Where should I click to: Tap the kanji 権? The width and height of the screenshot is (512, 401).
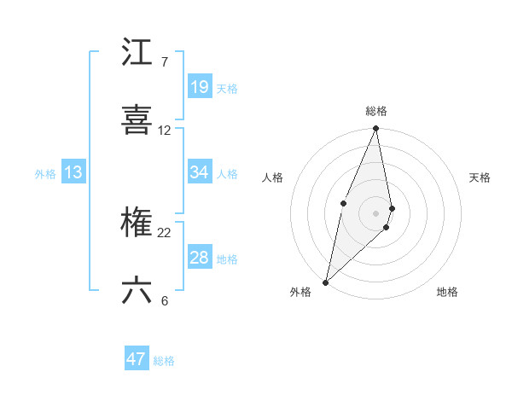pyautogui.click(x=137, y=224)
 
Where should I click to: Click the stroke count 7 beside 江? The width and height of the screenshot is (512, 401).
pyautogui.click(x=165, y=62)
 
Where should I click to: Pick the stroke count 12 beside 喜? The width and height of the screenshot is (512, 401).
pyautogui.click(x=165, y=131)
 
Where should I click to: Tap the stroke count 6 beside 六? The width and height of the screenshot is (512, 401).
pyautogui.click(x=165, y=300)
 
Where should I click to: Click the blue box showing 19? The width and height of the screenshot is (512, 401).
pyautogui.click(x=199, y=87)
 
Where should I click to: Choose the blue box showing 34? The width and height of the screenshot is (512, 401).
pyautogui.click(x=199, y=172)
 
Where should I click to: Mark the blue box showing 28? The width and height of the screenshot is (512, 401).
pyautogui.click(x=199, y=258)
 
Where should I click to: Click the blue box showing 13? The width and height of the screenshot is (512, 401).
pyautogui.click(x=73, y=172)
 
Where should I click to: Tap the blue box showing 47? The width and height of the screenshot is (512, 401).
pyautogui.click(x=137, y=359)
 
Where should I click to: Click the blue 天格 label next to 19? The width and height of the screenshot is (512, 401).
pyautogui.click(x=227, y=89)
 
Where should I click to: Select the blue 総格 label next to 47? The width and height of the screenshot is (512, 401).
pyautogui.click(x=164, y=361)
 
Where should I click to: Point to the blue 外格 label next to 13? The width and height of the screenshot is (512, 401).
pyautogui.click(x=45, y=174)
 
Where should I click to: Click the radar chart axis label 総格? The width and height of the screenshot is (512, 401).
pyautogui.click(x=376, y=111)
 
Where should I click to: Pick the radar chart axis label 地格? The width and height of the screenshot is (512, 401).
pyautogui.click(x=447, y=293)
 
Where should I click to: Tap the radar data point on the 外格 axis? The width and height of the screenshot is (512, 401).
pyautogui.click(x=325, y=282)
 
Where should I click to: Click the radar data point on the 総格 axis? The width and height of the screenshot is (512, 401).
pyautogui.click(x=376, y=129)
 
